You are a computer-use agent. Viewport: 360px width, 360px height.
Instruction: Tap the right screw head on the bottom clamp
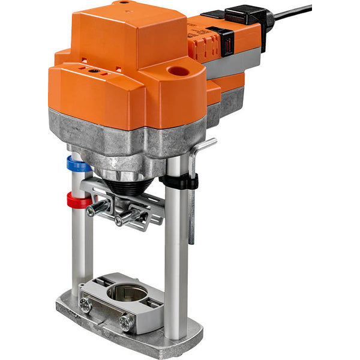click(126, 323)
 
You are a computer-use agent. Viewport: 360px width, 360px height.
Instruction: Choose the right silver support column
click(176, 252)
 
